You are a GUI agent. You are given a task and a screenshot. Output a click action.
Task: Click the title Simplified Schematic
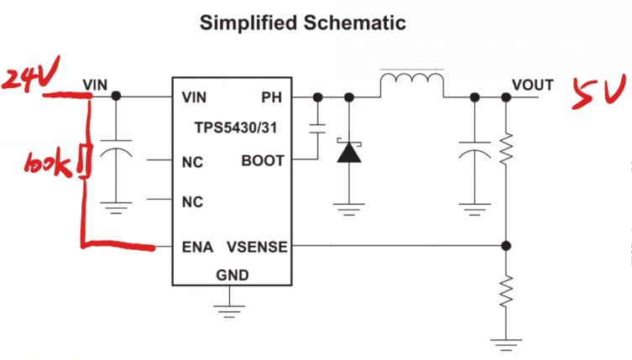(x=302, y=23)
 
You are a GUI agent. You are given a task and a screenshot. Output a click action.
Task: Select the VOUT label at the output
(x=533, y=85)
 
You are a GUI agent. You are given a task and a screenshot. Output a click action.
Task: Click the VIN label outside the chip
(x=96, y=84)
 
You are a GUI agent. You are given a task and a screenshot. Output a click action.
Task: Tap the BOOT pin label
(x=263, y=160)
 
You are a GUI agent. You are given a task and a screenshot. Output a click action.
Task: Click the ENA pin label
(x=198, y=247)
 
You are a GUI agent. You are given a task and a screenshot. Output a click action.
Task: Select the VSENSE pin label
(x=257, y=247)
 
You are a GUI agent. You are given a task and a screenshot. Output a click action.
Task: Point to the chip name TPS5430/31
(x=227, y=129)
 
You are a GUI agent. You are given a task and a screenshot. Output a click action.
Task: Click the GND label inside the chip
(x=229, y=274)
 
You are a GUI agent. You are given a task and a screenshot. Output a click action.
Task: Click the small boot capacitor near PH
(x=317, y=128)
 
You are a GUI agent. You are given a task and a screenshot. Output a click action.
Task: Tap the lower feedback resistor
(x=505, y=293)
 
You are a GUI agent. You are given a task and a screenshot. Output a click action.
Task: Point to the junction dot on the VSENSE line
(x=505, y=246)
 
